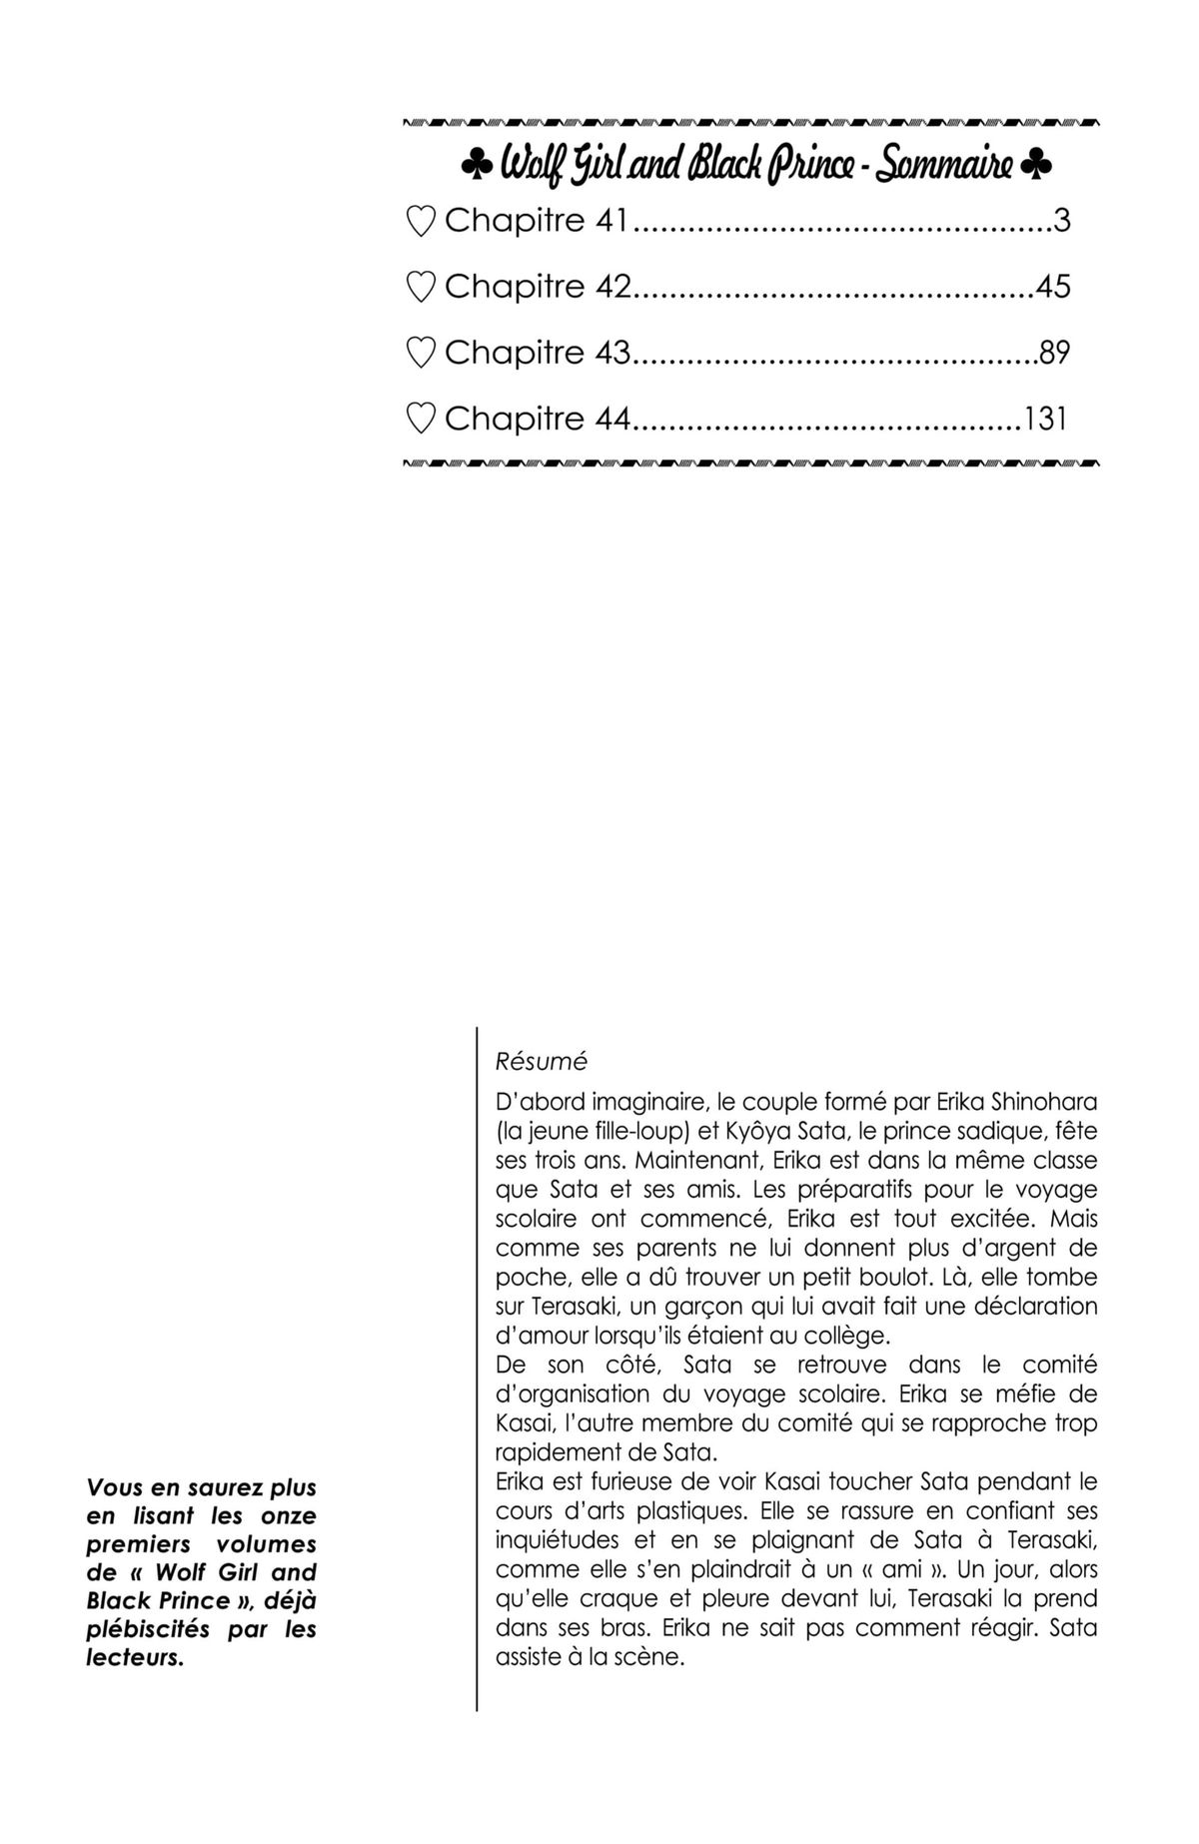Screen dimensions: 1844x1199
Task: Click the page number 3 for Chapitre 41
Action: click(x=1061, y=220)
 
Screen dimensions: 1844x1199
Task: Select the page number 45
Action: click(x=1053, y=287)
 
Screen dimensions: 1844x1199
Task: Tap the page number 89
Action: click(x=1054, y=353)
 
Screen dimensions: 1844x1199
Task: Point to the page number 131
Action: click(x=1045, y=419)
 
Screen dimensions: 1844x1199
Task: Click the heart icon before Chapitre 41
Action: click(x=422, y=221)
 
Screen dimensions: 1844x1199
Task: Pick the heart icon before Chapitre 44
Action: click(x=422, y=419)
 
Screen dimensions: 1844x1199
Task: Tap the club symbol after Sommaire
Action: click(x=1036, y=166)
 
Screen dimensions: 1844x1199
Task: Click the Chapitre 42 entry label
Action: click(x=538, y=287)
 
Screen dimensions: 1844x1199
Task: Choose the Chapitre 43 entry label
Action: click(x=538, y=353)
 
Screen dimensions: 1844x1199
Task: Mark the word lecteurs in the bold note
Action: click(x=135, y=1658)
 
